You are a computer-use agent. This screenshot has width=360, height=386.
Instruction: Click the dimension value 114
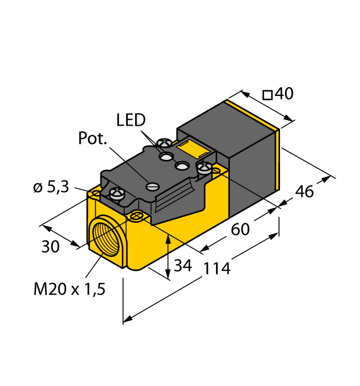click(x=217, y=269)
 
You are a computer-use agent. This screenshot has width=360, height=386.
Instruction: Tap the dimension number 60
click(x=240, y=229)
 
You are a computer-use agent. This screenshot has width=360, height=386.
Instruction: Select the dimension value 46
click(x=304, y=191)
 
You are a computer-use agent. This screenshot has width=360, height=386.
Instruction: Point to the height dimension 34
click(x=183, y=265)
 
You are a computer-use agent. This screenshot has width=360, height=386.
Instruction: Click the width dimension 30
click(x=51, y=246)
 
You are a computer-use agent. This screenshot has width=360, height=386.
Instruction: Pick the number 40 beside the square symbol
click(x=284, y=94)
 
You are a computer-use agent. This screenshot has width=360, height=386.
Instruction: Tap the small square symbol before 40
click(x=267, y=95)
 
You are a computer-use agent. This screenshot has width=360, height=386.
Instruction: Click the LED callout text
click(x=131, y=120)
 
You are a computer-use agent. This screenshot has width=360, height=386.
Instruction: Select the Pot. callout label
click(x=93, y=138)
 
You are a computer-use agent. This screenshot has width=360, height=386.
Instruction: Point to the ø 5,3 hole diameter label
click(x=51, y=187)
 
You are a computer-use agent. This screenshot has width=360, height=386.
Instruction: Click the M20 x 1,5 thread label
click(x=69, y=289)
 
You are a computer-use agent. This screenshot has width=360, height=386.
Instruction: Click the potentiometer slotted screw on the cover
click(x=152, y=186)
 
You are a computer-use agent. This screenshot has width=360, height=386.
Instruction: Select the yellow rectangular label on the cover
click(x=194, y=149)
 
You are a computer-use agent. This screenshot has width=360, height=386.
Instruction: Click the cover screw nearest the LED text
click(x=164, y=142)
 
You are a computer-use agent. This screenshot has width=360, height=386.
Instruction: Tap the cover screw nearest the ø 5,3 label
click(x=117, y=193)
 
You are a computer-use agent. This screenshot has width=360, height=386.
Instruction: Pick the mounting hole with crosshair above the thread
click(x=137, y=216)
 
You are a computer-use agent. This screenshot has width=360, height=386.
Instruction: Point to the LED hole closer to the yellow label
click(x=182, y=165)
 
